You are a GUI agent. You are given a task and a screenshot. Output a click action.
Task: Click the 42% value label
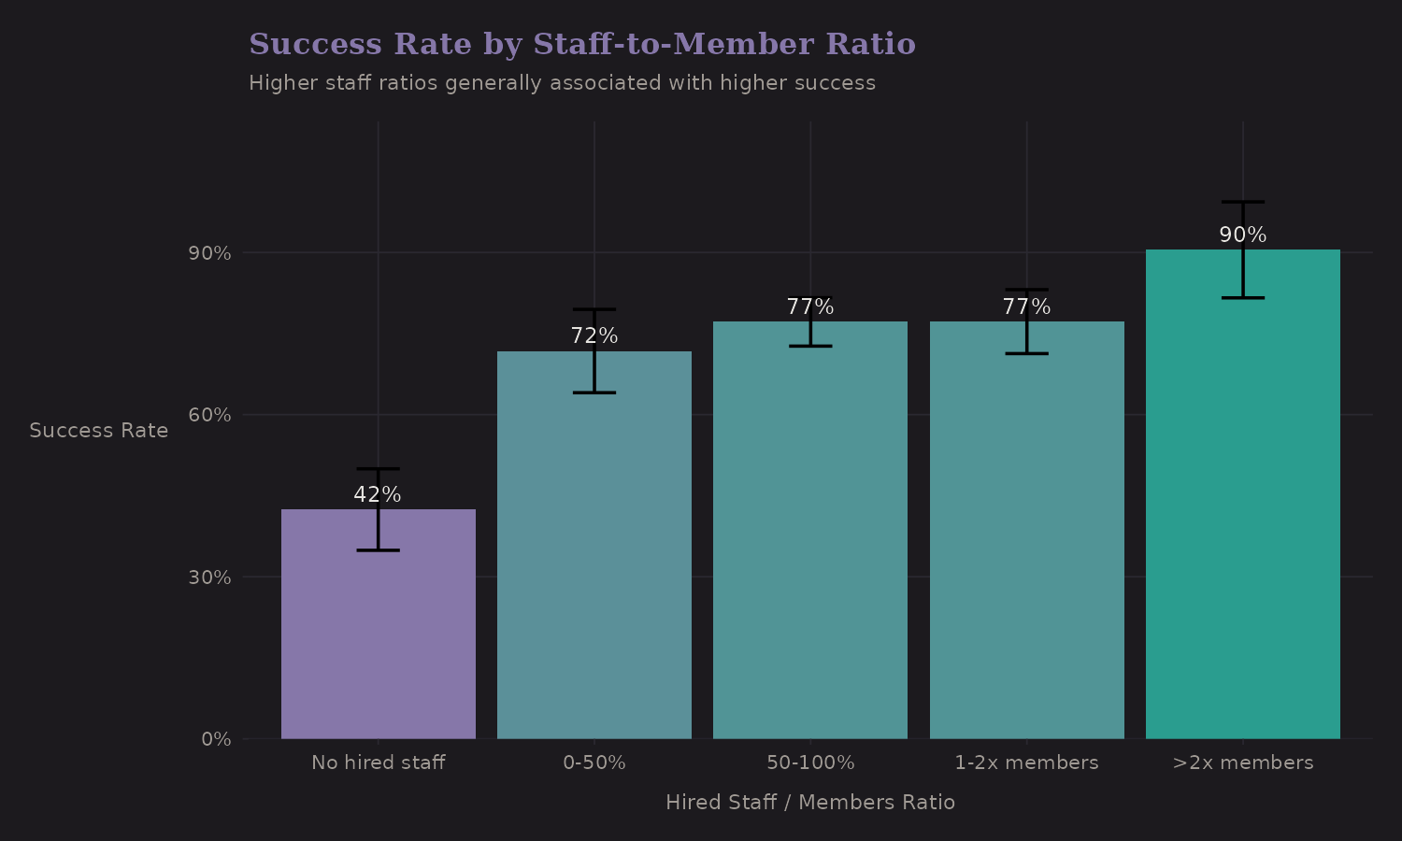pos(378,495)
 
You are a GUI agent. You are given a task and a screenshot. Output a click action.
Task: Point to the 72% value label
pos(594,336)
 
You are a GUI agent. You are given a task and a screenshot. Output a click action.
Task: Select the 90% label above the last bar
pos(1242,235)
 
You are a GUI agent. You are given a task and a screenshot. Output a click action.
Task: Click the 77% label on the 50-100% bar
pos(809,307)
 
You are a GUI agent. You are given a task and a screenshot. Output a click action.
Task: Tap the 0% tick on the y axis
pos(216,739)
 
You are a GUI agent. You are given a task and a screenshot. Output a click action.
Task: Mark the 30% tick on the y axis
pos(209,577)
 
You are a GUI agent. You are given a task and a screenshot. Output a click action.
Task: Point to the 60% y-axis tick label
pos(209,415)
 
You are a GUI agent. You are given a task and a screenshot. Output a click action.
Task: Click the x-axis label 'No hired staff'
pos(378,763)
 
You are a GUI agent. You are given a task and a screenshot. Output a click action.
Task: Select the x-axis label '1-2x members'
pos(1026,763)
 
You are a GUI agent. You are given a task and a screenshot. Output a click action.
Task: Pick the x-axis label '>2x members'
pos(1242,763)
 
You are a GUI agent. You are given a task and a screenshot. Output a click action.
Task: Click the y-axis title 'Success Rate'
pos(99,431)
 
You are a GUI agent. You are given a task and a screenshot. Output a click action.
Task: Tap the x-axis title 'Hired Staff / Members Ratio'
pos(809,802)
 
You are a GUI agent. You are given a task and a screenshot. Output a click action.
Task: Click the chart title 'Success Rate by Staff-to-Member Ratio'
pos(581,45)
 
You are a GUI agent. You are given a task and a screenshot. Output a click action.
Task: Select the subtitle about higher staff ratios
pos(562,83)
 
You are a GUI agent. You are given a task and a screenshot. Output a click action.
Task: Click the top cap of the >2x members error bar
pos(1242,202)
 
